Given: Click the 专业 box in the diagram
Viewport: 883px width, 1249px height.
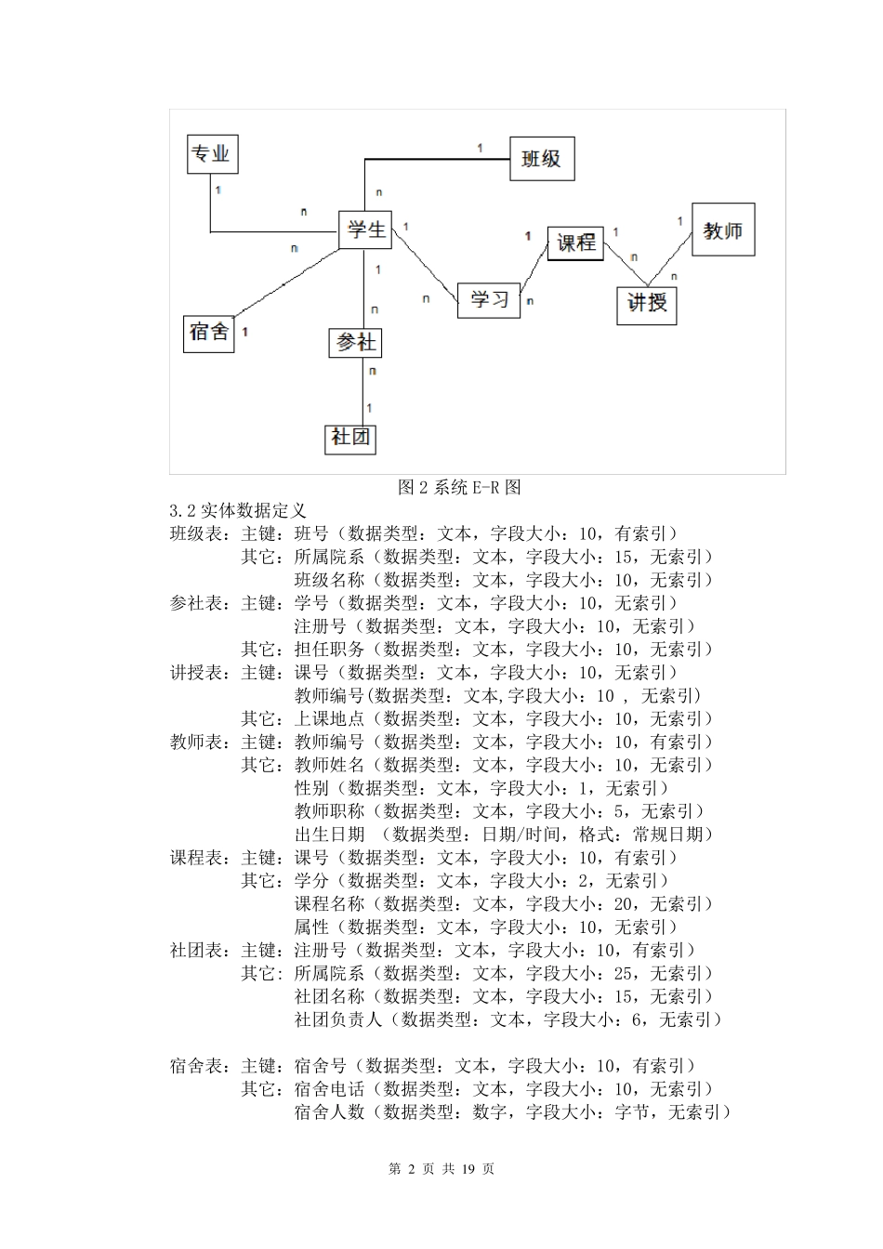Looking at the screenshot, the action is (212, 153).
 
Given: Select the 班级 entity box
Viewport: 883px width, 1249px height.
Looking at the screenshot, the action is (541, 159).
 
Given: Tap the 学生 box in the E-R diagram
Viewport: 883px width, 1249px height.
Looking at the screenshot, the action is (365, 230).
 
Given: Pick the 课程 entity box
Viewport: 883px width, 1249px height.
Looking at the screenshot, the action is (575, 243).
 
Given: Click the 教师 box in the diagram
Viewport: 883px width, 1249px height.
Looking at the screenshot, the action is (722, 230).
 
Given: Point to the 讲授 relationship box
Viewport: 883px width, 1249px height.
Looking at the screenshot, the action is (647, 304).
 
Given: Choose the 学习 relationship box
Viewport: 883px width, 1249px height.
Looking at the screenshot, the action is (489, 299).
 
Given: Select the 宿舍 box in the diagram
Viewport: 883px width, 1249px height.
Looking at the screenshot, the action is (209, 332).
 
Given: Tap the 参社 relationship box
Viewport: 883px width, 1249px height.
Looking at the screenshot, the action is (356, 343).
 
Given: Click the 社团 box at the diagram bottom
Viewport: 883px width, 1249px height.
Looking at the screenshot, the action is (350, 438).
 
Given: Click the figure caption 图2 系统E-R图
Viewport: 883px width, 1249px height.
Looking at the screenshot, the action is (459, 487).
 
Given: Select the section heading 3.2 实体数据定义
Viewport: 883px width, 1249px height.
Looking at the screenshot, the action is (238, 510).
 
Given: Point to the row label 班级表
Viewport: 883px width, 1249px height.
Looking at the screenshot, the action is (198, 533).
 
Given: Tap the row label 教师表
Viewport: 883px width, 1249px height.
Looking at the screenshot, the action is (198, 742).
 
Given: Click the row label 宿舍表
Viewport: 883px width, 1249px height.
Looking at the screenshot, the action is (198, 1066).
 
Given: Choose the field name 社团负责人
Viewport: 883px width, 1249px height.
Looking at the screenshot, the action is (338, 1019).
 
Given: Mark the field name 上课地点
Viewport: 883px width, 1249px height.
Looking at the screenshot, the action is (329, 718).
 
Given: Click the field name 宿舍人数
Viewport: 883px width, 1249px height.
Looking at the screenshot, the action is (329, 1112).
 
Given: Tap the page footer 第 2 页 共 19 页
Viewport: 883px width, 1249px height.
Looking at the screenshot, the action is (441, 1169).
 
